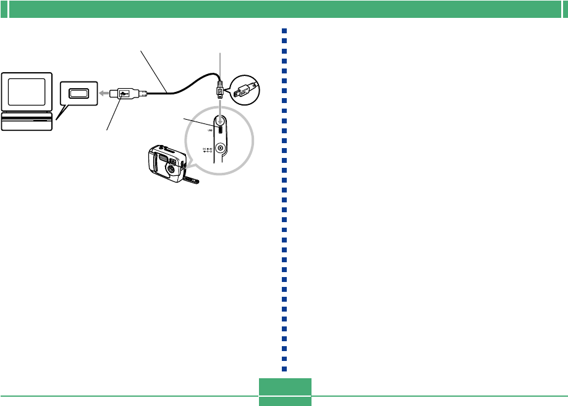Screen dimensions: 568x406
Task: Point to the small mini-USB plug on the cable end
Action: pyautogui.click(x=219, y=91)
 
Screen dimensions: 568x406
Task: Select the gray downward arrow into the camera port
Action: pyautogui.click(x=220, y=111)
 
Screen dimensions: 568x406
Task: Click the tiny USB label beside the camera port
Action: pyautogui.click(x=208, y=131)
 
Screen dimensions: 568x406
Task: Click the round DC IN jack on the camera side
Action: pyautogui.click(x=220, y=149)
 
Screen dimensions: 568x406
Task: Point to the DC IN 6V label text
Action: pyautogui.click(x=207, y=149)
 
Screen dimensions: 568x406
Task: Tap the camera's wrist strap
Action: pyautogui.click(x=192, y=180)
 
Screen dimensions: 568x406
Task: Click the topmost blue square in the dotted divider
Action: pyautogui.click(x=284, y=31)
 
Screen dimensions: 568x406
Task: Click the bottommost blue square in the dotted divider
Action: pyautogui.click(x=284, y=369)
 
